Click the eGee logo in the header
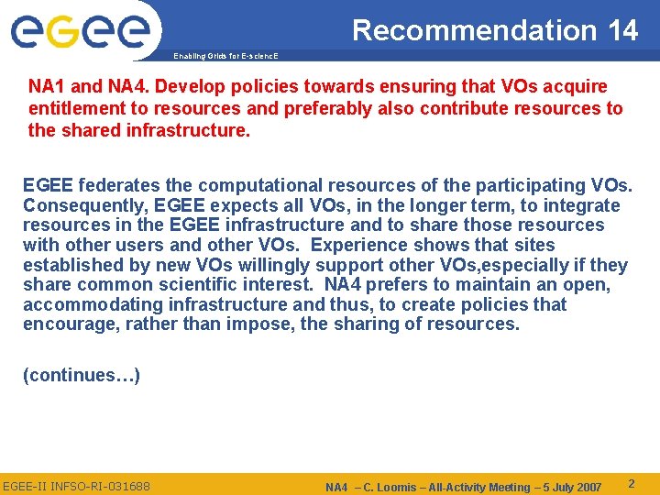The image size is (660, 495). pos(81,32)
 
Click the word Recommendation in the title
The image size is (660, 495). pos(474,30)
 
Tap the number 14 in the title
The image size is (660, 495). pos(622,30)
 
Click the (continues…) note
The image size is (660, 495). pos(82,376)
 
